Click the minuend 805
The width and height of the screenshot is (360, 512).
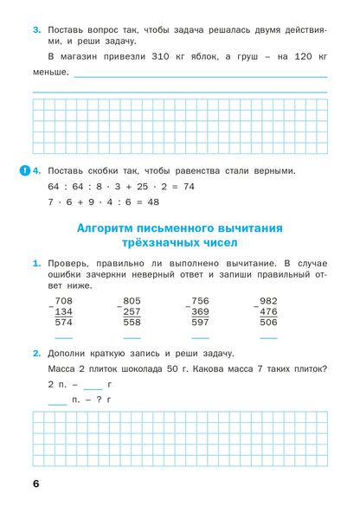tap(132, 301)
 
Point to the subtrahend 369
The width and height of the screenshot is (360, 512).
tap(200, 311)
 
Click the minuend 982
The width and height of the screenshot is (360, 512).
tap(268, 301)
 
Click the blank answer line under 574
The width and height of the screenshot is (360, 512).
tap(63, 337)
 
